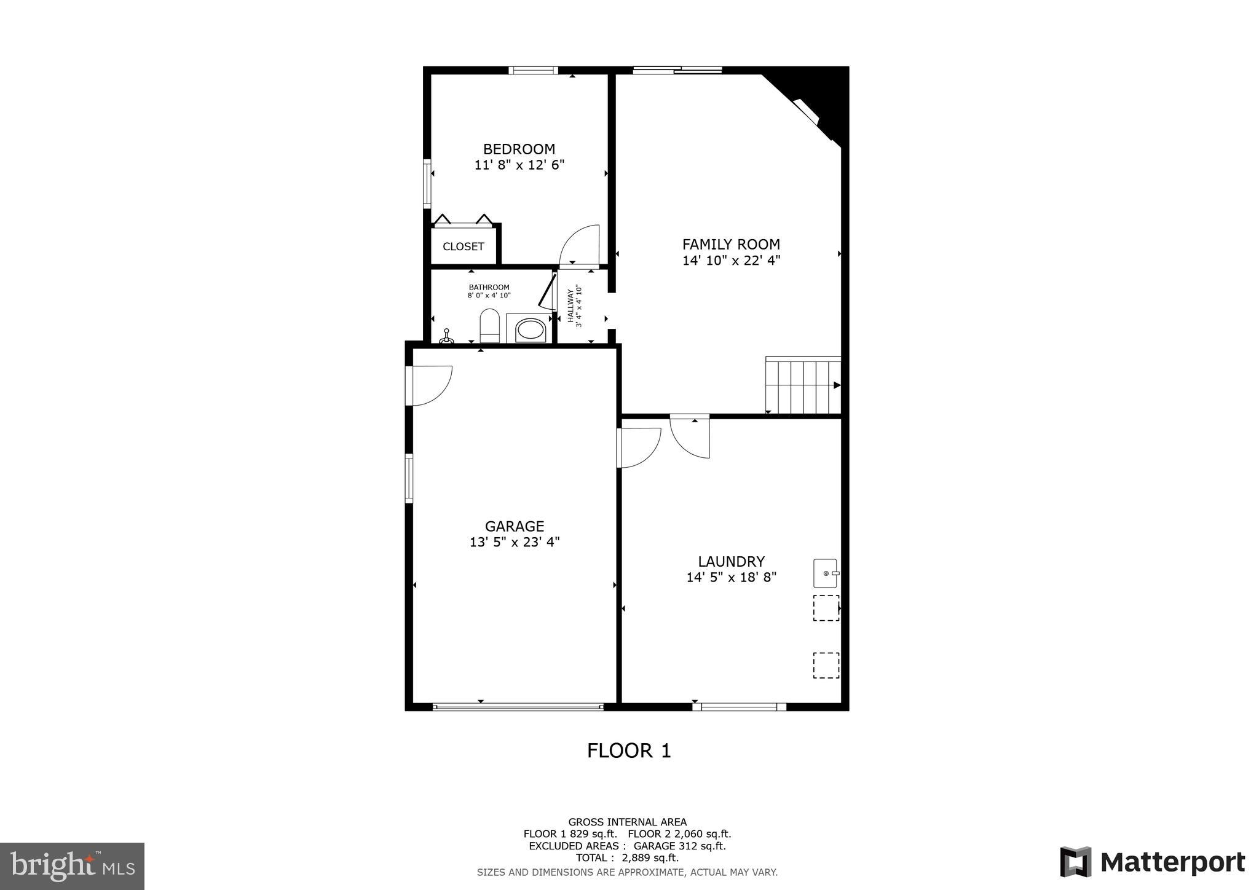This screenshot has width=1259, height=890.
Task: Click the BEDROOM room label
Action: (519, 149)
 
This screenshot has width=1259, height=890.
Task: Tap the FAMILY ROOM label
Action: (731, 244)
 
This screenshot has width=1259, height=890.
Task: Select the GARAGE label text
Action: (515, 526)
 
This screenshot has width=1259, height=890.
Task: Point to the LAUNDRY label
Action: (731, 561)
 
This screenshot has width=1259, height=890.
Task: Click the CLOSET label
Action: (464, 246)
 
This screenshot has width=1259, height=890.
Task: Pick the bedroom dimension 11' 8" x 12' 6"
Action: (519, 165)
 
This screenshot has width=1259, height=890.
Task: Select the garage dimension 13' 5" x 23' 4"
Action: (515, 542)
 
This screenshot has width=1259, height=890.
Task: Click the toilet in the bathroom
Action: (489, 326)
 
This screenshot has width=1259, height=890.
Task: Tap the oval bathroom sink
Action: (529, 329)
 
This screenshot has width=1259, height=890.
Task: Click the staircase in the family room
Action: (803, 386)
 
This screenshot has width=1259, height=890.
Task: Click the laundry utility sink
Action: (826, 573)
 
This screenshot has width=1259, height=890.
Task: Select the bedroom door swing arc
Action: (580, 245)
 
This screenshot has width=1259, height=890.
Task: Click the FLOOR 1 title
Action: (629, 750)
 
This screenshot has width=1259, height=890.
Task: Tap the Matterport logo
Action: (1152, 862)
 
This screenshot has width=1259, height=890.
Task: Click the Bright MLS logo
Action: (72, 866)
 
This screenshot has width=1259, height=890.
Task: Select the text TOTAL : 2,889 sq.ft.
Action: (627, 857)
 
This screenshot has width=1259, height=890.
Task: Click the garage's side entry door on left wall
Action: (430, 385)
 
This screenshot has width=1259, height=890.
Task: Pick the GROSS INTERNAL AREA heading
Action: (627, 822)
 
